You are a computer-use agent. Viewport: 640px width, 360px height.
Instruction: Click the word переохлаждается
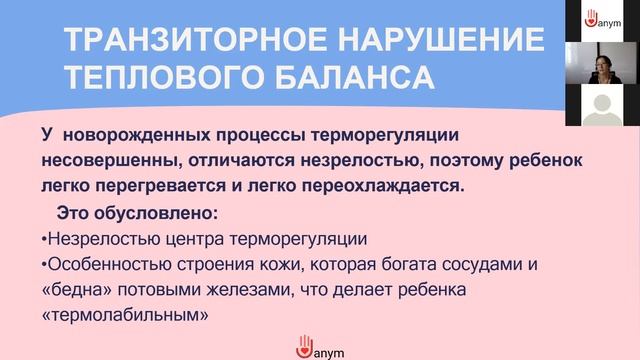click(x=385, y=186)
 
